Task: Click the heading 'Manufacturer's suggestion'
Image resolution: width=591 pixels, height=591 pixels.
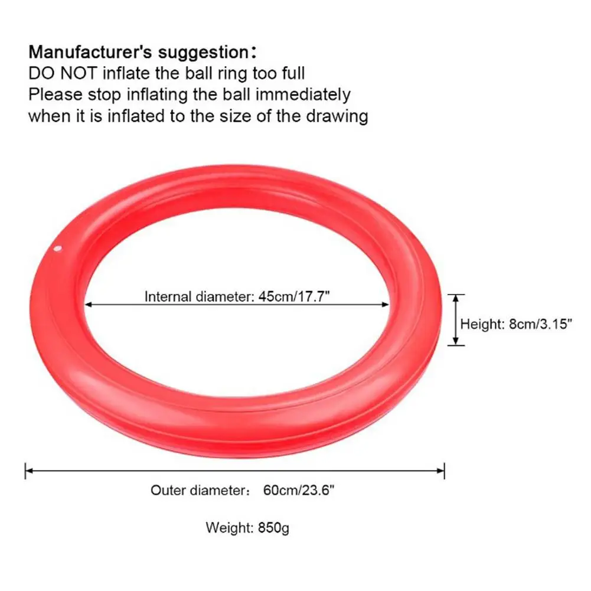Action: click(x=142, y=51)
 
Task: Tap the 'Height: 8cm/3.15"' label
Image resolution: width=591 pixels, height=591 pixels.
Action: click(x=517, y=324)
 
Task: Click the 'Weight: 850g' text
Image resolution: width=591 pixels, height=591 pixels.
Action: click(x=247, y=527)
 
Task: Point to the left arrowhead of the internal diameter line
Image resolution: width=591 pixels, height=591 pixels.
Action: click(x=89, y=305)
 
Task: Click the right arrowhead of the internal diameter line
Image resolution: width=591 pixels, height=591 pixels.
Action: click(x=387, y=305)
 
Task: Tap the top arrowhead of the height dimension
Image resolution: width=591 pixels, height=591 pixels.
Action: click(x=455, y=298)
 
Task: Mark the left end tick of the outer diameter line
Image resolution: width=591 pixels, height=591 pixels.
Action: click(x=26, y=471)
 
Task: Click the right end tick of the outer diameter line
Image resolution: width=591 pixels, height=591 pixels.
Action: click(x=444, y=471)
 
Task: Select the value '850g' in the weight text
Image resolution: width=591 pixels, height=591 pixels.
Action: click(x=273, y=527)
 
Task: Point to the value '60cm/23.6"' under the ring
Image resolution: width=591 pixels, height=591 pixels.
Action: click(x=299, y=490)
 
